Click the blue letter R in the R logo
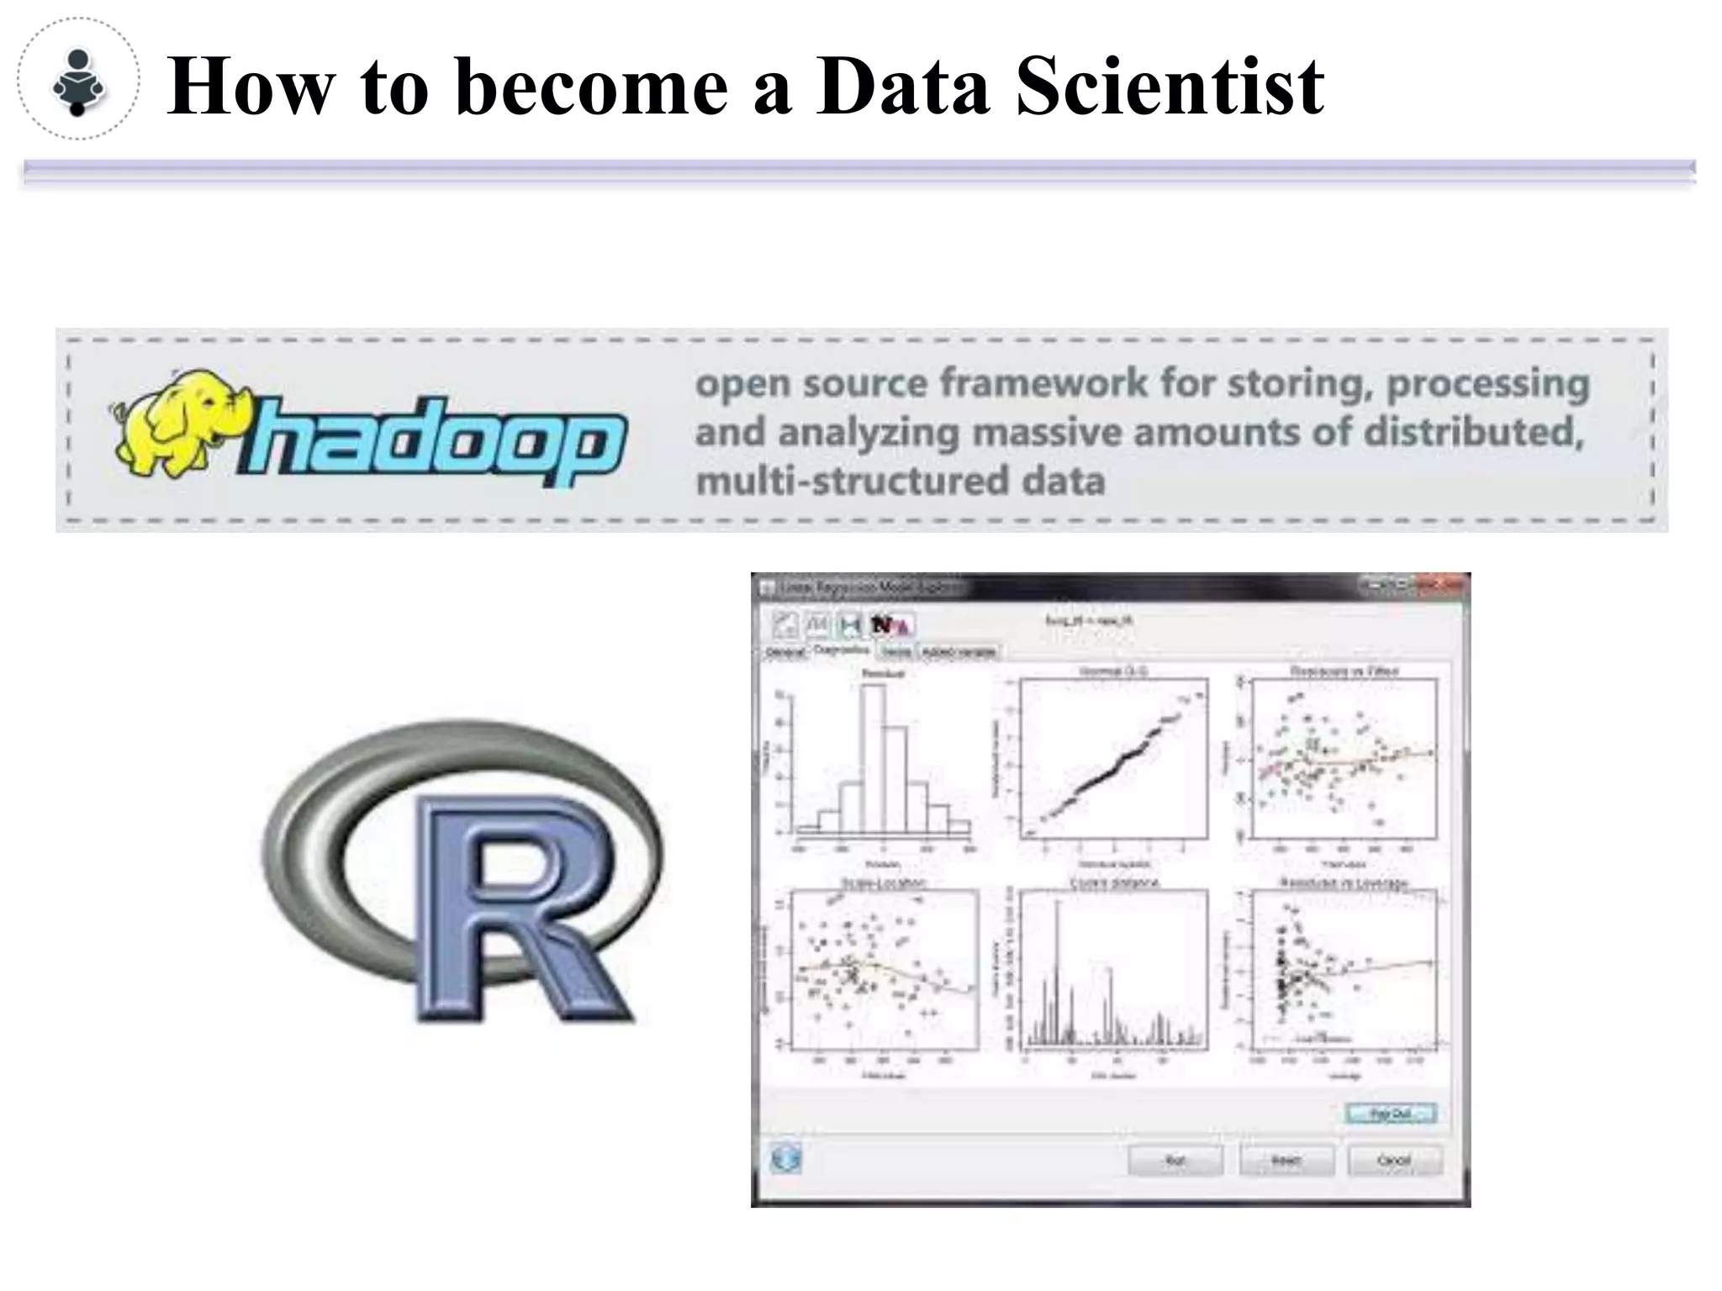coord(513,908)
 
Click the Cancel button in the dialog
coord(1394,1161)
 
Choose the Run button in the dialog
coord(1175,1161)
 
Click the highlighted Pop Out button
coord(1391,1114)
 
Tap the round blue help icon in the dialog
coord(785,1160)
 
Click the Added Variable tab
coord(959,652)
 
